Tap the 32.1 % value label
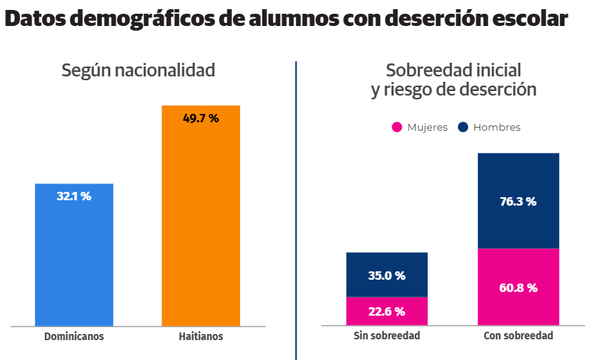tap(74, 196)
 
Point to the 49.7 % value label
tap(200, 118)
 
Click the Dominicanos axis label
tap(74, 336)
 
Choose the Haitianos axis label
tap(200, 336)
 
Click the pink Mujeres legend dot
tap(397, 127)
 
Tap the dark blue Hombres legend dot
tap(464, 127)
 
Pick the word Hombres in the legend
tap(496, 128)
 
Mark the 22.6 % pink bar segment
tap(386, 311)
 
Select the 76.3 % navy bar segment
tap(518, 202)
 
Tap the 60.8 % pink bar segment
tap(518, 287)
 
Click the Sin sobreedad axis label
tap(387, 336)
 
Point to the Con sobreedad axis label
tap(519, 336)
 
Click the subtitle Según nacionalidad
tap(138, 70)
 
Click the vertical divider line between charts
tap(296, 206)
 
